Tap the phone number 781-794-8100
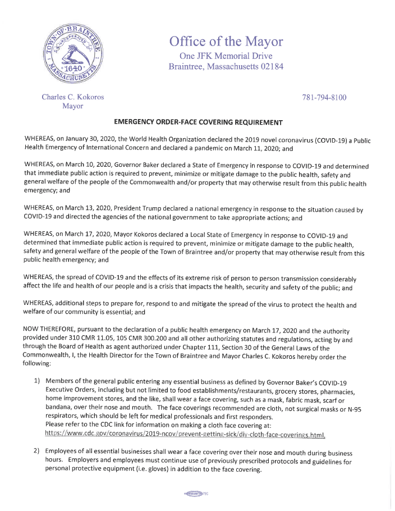324,97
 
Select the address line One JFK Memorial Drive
226,56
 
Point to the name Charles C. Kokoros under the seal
73,97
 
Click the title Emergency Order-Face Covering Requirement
198,122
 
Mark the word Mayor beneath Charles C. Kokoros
73,107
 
